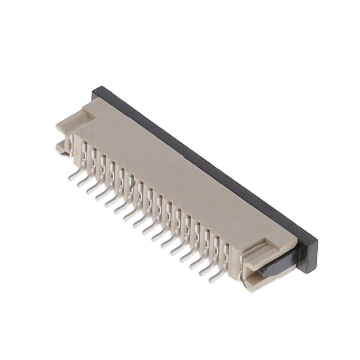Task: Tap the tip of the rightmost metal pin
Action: click(210, 279)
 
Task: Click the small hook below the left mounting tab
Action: click(61, 148)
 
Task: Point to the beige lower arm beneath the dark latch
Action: click(264, 278)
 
